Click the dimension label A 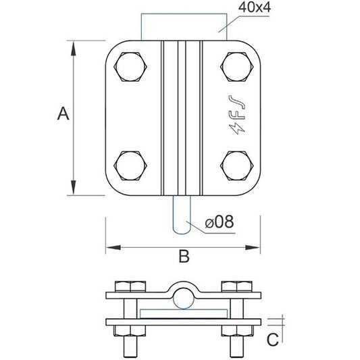coord(63,114)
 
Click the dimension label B coord(182,256)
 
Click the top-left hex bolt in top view coord(130,68)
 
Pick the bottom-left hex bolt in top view coord(130,164)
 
